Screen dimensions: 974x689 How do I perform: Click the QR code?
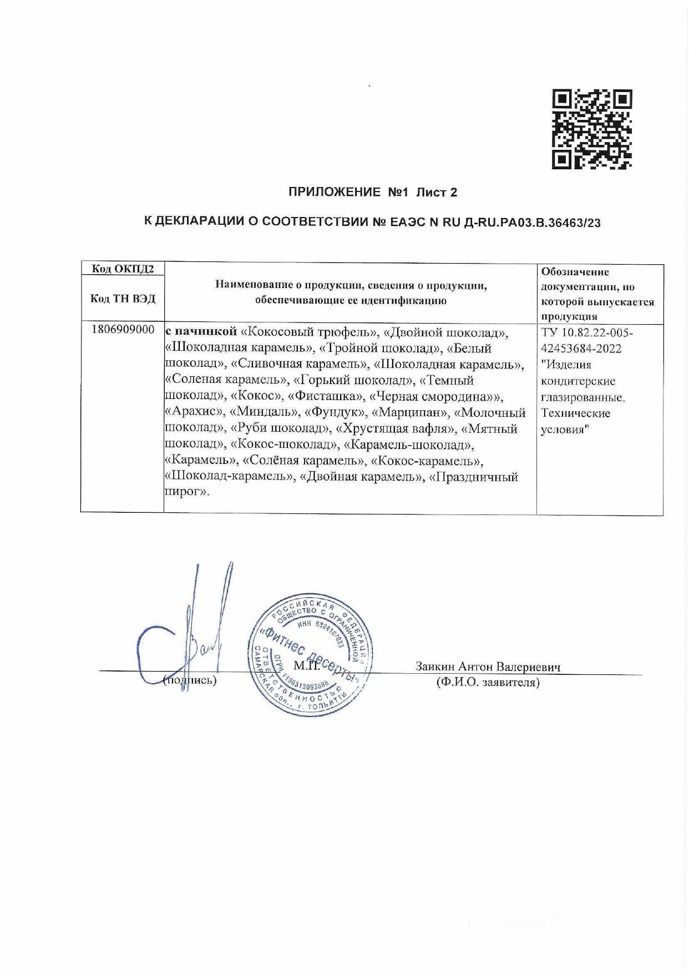pos(592,129)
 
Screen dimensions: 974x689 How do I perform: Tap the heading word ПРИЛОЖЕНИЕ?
pos(331,193)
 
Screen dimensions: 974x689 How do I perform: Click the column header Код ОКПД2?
pos(123,269)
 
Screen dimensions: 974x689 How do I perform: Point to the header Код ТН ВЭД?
pos(123,299)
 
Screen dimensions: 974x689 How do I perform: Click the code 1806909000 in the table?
pos(123,330)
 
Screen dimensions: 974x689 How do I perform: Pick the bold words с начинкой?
pos(202,332)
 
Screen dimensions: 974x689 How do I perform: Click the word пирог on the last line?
pos(185,492)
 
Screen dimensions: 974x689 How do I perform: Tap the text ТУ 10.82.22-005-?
pos(586,332)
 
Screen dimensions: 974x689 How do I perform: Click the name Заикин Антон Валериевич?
pos(488,667)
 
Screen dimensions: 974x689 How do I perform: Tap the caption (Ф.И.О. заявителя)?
pos(488,682)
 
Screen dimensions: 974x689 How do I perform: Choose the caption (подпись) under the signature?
pos(190,680)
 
